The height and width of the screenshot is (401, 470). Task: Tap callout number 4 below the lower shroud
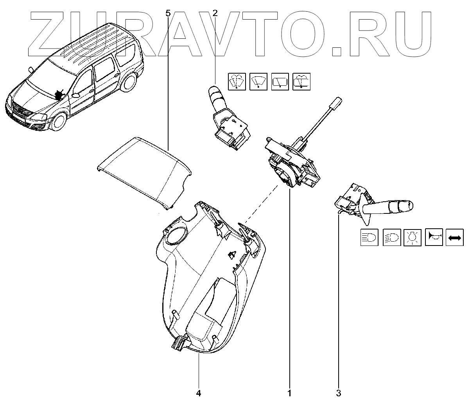coord(199,392)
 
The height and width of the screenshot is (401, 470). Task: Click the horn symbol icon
coord(434,237)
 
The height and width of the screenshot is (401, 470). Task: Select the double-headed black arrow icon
coord(455,237)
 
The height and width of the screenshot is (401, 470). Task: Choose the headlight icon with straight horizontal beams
coord(370,237)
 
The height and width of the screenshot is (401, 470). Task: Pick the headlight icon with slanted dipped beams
coord(391,237)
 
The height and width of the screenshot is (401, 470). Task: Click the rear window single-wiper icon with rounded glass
coord(302,81)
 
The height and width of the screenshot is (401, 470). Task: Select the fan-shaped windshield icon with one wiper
coord(258,81)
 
